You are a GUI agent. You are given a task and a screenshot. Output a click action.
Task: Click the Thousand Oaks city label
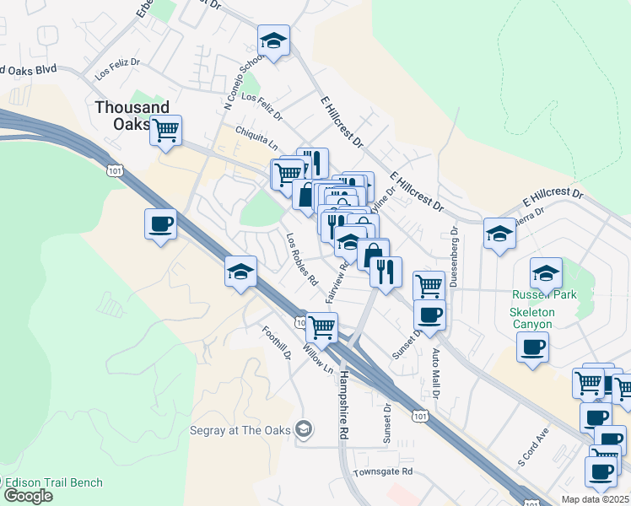[x=132, y=116]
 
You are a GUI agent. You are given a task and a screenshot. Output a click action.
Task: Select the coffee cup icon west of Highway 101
[x=161, y=224]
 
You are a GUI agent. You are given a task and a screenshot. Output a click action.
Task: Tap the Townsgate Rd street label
[x=383, y=471]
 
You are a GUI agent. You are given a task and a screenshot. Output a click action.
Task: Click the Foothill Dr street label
[x=277, y=344]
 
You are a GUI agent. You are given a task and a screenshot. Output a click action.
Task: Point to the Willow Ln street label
[x=317, y=359]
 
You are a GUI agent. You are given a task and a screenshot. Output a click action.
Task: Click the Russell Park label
[x=544, y=295]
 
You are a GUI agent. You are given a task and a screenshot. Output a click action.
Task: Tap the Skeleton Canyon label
[x=531, y=318]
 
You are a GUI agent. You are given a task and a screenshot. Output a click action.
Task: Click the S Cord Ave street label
[x=533, y=446]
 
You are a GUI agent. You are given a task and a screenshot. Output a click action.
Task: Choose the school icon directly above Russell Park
[x=546, y=273]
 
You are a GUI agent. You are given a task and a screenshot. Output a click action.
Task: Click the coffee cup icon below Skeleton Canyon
[x=532, y=347]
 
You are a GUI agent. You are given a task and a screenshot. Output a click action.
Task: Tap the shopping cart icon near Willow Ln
[x=321, y=326]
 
